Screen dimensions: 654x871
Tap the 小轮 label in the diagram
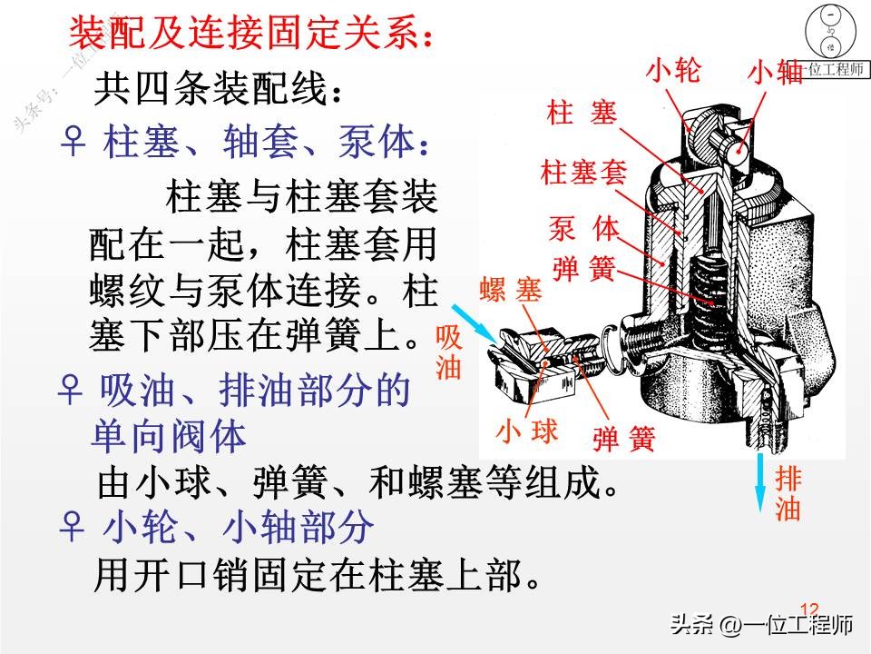674,69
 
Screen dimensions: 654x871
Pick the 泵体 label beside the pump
583,228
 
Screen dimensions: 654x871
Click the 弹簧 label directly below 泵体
583,270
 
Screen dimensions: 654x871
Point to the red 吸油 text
449,352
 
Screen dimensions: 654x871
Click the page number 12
809,609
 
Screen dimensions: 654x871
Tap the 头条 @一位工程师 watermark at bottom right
761,625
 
